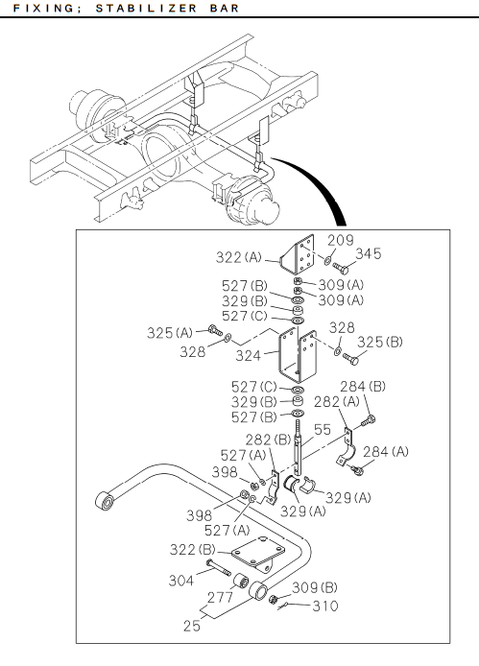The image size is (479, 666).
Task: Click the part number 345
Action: click(369, 253)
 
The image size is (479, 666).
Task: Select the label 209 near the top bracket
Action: click(341, 240)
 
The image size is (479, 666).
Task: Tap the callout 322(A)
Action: click(239, 257)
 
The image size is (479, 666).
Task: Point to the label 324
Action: click(249, 355)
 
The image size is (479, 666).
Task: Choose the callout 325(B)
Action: click(380, 342)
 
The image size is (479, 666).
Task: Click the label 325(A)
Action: click(170, 333)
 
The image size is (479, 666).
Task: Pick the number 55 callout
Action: click(323, 429)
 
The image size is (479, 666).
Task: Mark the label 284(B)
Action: click(363, 387)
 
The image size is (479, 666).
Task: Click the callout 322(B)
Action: click(193, 550)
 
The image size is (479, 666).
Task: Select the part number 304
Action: click(181, 581)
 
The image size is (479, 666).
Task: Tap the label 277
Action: click(220, 597)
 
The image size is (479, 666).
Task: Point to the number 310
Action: click(325, 606)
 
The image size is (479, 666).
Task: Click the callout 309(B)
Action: click(315, 587)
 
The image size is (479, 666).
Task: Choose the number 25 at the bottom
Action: click(192, 626)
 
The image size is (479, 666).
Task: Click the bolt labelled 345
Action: click(341, 268)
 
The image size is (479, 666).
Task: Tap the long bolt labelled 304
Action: click(219, 567)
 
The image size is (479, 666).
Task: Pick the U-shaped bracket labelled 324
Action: click(298, 355)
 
